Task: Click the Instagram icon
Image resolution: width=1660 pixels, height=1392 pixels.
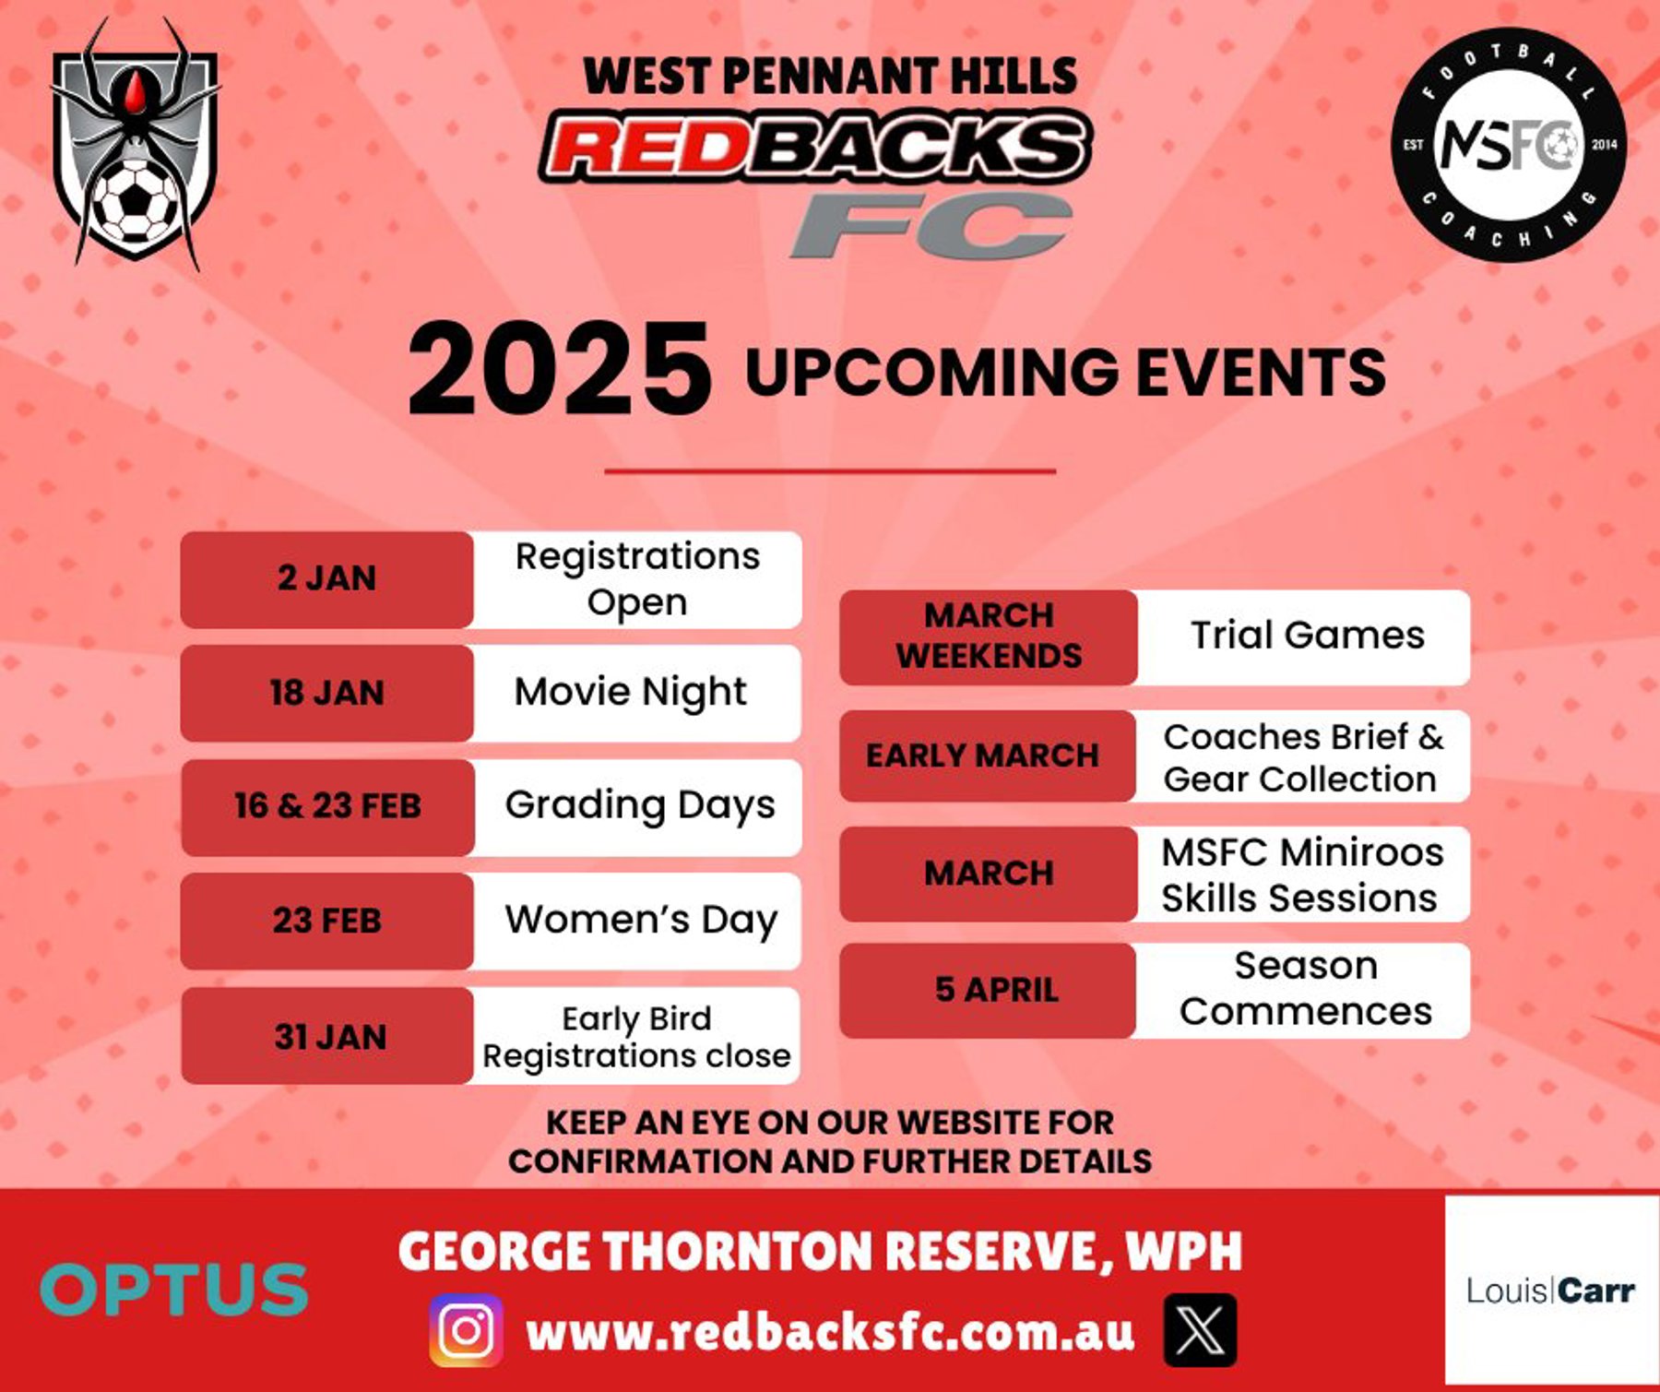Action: click(466, 1330)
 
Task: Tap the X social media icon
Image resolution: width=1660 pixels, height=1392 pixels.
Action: click(1200, 1330)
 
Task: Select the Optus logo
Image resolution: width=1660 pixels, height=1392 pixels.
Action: click(174, 1289)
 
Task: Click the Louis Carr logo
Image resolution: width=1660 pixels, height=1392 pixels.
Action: click(1551, 1290)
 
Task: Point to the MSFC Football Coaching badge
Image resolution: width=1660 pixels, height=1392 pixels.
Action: click(1509, 145)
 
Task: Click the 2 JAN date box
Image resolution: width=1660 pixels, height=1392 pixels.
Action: click(326, 579)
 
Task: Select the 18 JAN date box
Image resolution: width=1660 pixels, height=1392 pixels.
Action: click(326, 693)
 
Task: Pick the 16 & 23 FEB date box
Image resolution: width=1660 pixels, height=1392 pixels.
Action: click(327, 807)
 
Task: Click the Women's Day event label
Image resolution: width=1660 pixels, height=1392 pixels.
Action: click(641, 921)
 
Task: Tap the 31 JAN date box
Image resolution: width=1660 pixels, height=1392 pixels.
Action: click(327, 1036)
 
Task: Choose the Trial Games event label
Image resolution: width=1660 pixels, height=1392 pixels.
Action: click(1308, 636)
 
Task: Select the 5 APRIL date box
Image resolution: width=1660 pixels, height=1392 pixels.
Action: click(987, 990)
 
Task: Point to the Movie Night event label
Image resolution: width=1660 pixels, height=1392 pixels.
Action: click(631, 693)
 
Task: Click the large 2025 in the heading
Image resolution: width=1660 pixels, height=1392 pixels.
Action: click(560, 369)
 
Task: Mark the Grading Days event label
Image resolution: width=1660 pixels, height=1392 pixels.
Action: click(640, 806)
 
